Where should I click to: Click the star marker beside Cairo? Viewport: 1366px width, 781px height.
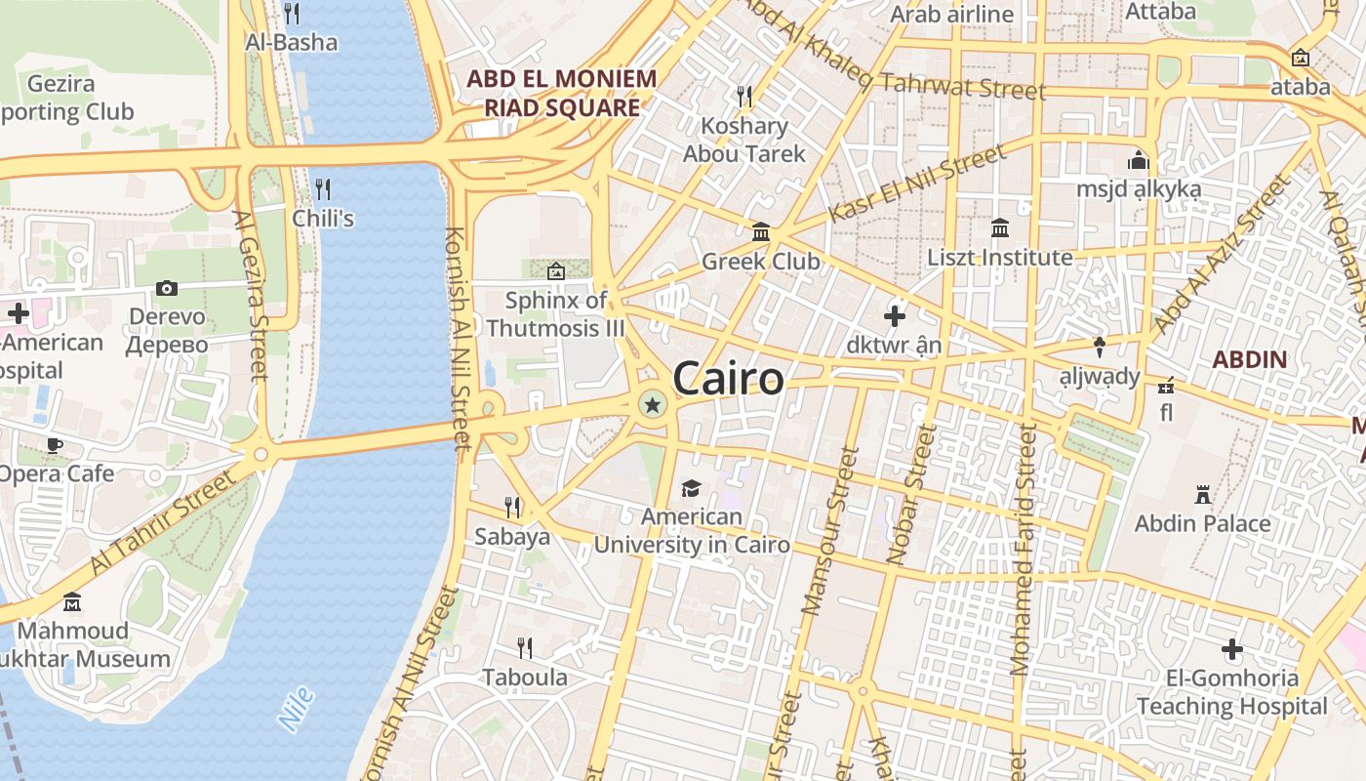pyautogui.click(x=652, y=403)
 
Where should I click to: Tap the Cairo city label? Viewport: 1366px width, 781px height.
pyautogui.click(x=728, y=379)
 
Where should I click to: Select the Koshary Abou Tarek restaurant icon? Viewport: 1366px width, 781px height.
pyautogui.click(x=744, y=96)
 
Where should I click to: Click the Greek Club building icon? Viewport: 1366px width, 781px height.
pyautogui.click(x=761, y=232)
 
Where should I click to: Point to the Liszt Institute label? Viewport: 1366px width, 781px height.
pyautogui.click(x=999, y=258)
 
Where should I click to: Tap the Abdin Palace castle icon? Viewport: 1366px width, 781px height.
pyautogui.click(x=1203, y=495)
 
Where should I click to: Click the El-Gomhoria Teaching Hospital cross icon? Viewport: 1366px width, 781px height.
pyautogui.click(x=1232, y=649)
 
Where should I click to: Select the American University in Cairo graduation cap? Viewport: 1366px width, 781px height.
pyautogui.click(x=691, y=488)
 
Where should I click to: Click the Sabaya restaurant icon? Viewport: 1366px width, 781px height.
pyautogui.click(x=512, y=507)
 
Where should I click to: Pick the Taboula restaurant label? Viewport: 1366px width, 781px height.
pyautogui.click(x=525, y=677)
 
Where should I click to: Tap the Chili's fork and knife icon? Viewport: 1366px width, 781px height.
pyautogui.click(x=323, y=188)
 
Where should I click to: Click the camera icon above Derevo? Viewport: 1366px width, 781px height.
pyautogui.click(x=167, y=288)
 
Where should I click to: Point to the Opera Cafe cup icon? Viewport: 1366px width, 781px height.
pyautogui.click(x=56, y=446)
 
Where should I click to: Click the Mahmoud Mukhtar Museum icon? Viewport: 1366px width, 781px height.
pyautogui.click(x=72, y=601)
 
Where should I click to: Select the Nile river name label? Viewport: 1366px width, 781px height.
pyautogui.click(x=296, y=710)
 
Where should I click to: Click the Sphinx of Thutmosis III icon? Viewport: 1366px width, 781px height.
pyautogui.click(x=556, y=270)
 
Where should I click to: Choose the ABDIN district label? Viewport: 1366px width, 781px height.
pyautogui.click(x=1250, y=359)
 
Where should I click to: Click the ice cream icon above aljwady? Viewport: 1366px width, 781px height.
pyautogui.click(x=1100, y=347)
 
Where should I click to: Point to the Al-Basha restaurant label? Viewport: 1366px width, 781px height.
pyautogui.click(x=291, y=42)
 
